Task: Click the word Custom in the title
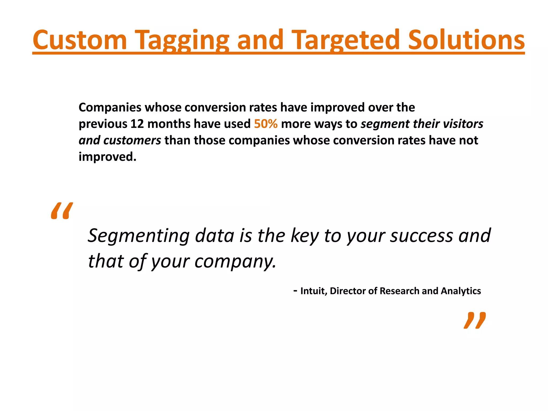79,40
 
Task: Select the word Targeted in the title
345,40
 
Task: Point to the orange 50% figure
265,124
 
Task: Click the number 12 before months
137,124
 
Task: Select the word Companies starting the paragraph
110,108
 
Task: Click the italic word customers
132,140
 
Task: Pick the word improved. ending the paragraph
107,157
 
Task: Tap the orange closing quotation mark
474,320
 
